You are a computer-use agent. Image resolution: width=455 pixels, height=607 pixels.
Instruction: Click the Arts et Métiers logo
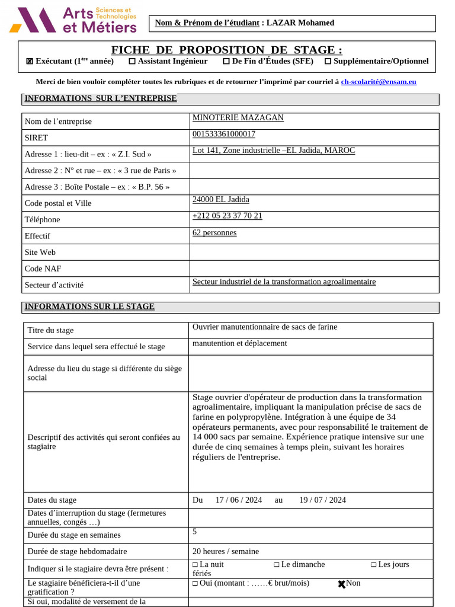click(x=73, y=21)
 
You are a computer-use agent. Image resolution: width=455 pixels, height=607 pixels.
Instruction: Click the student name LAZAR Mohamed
click(x=300, y=23)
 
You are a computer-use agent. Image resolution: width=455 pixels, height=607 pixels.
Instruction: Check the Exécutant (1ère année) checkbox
click(x=30, y=61)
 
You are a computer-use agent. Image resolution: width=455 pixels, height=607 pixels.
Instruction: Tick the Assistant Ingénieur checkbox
click(x=132, y=61)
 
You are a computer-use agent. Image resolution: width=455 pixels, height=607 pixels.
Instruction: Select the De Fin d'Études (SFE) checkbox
click(x=226, y=61)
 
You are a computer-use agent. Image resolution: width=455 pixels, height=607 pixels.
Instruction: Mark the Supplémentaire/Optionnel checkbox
click(x=328, y=61)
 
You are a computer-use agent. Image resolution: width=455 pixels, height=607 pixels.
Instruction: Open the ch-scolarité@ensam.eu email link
click(x=379, y=82)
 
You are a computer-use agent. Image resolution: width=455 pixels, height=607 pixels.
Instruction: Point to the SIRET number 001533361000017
click(x=224, y=134)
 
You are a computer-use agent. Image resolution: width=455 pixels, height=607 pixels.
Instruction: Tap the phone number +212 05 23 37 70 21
click(x=227, y=216)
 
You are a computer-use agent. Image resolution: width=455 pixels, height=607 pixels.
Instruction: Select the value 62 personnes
click(x=214, y=232)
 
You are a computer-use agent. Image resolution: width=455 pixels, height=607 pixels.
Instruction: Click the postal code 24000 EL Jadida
click(x=221, y=200)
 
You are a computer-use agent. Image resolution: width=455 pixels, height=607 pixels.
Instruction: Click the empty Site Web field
click(x=314, y=252)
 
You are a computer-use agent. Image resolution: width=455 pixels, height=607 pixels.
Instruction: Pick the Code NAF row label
click(x=43, y=269)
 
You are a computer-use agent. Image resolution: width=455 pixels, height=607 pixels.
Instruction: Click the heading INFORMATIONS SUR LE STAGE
click(x=89, y=306)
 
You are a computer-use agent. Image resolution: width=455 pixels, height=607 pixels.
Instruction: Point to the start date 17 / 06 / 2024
click(x=239, y=500)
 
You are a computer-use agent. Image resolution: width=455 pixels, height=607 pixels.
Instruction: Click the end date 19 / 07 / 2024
click(x=322, y=500)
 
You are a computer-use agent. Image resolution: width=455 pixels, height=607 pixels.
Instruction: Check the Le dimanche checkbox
click(x=277, y=565)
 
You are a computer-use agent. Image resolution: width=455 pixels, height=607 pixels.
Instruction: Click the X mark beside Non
click(x=342, y=584)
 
